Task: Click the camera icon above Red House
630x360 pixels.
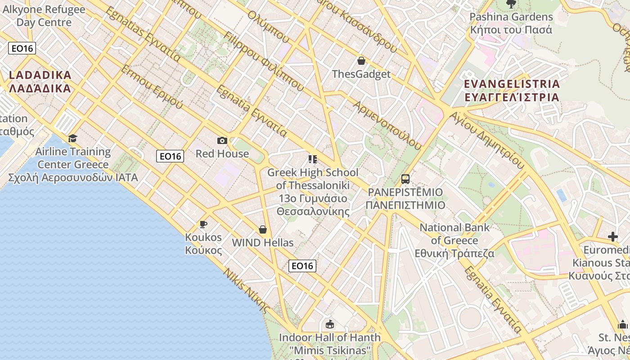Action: [222, 141]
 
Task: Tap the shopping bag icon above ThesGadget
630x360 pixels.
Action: [361, 61]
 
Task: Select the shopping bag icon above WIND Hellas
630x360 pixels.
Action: [263, 229]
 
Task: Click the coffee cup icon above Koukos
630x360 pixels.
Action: [203, 224]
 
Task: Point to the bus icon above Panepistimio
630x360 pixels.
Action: [405, 179]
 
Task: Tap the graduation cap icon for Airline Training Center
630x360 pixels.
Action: [72, 138]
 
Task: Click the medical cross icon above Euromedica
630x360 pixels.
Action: [613, 237]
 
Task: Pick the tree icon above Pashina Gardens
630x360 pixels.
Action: [511, 4]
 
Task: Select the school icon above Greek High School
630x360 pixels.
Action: [312, 159]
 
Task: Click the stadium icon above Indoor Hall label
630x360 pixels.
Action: [330, 324]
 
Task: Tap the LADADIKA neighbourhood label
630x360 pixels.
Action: [40, 81]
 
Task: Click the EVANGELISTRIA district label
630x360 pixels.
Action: [512, 90]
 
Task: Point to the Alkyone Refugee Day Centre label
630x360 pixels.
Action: [44, 16]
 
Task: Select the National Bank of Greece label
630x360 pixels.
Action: [454, 240]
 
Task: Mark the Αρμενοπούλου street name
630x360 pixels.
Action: [388, 126]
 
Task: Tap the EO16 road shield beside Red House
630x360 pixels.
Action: [171, 156]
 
